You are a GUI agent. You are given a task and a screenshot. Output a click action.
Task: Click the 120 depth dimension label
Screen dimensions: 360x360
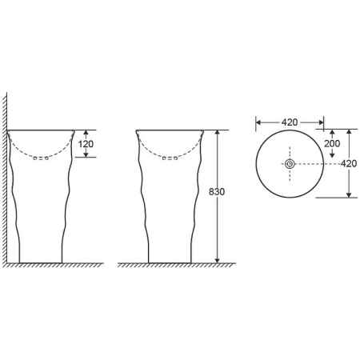(86, 144)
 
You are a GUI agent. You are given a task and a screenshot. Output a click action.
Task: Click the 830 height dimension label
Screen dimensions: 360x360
(217, 192)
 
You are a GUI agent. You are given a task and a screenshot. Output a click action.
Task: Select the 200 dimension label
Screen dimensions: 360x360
(332, 143)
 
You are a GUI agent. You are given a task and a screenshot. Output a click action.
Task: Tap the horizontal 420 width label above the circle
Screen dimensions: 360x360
(290, 122)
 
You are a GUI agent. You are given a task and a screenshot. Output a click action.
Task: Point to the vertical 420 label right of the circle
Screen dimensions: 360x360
(349, 163)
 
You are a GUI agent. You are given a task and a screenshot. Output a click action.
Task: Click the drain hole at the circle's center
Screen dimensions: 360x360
(290, 164)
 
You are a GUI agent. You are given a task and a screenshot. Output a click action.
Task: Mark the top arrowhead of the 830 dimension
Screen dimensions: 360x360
(218, 133)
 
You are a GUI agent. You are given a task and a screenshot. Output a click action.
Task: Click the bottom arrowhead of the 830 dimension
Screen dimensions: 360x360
(218, 260)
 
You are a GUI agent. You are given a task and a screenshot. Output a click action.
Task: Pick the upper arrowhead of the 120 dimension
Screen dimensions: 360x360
(86, 133)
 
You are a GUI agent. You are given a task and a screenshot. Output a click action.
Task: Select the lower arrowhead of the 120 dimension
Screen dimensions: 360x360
(86, 154)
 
